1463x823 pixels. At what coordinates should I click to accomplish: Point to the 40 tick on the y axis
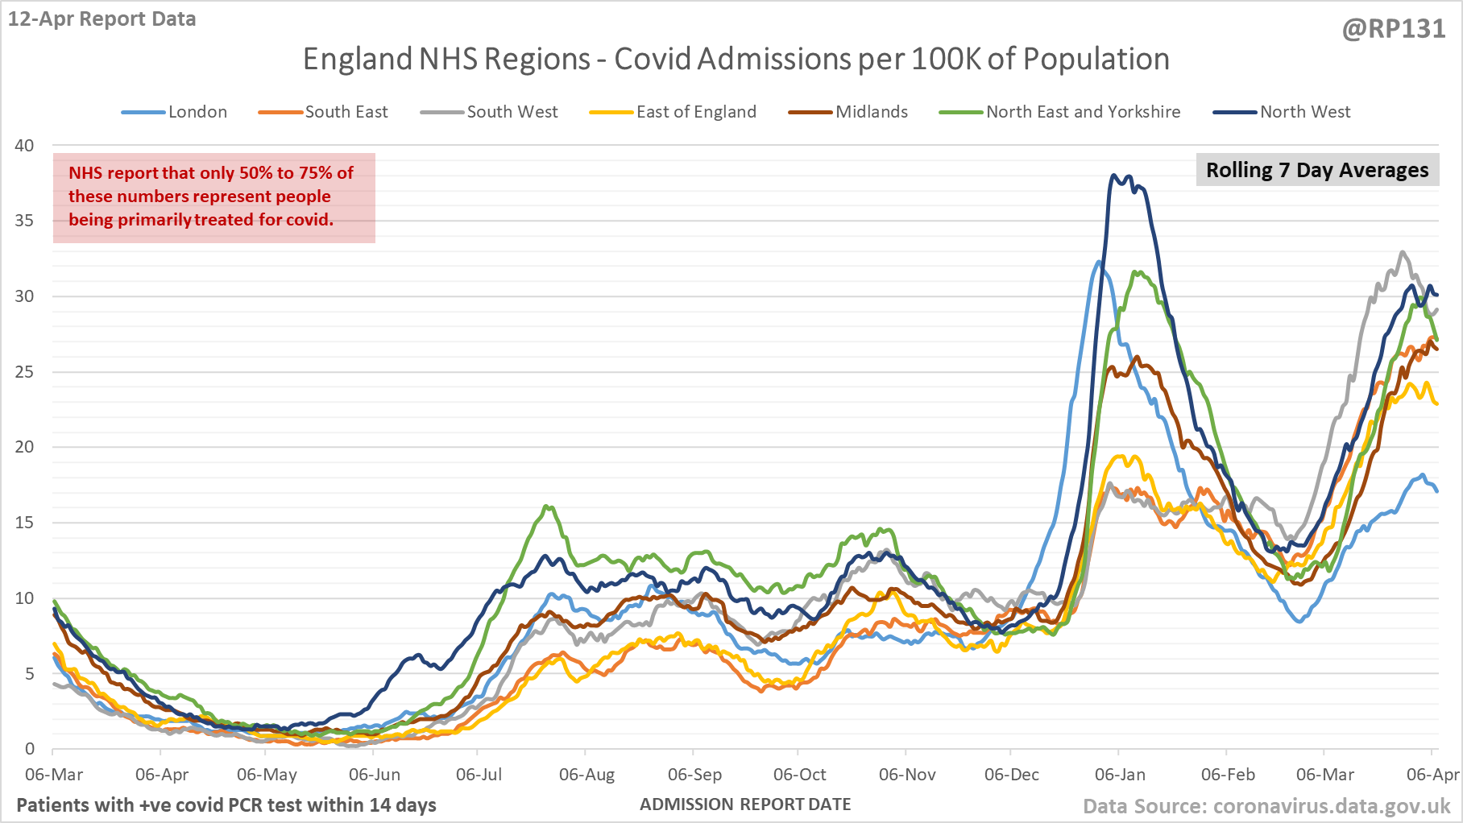pyautogui.click(x=24, y=146)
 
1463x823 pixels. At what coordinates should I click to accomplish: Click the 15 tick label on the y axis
pyautogui.click(x=24, y=523)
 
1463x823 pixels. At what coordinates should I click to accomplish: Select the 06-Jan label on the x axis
pyautogui.click(x=1119, y=775)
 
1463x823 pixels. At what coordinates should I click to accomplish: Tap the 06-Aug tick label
pyautogui.click(x=586, y=775)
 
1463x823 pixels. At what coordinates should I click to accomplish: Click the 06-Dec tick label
pyautogui.click(x=1011, y=775)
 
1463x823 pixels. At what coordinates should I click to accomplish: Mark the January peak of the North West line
pyautogui.click(x=1113, y=175)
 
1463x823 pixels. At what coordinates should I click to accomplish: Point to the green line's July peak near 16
pyautogui.click(x=548, y=507)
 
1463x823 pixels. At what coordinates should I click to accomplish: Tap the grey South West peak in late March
pyautogui.click(x=1403, y=252)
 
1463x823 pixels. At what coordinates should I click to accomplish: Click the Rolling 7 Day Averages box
pyautogui.click(x=1316, y=170)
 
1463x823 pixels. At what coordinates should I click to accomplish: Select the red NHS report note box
pyautogui.click(x=213, y=197)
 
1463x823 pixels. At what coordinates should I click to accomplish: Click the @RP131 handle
pyautogui.click(x=1393, y=29)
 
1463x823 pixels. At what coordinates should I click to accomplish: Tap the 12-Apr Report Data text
pyautogui.click(x=102, y=19)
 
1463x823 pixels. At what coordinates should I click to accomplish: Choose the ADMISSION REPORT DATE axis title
pyautogui.click(x=745, y=804)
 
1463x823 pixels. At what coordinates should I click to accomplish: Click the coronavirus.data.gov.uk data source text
pyautogui.click(x=1266, y=806)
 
